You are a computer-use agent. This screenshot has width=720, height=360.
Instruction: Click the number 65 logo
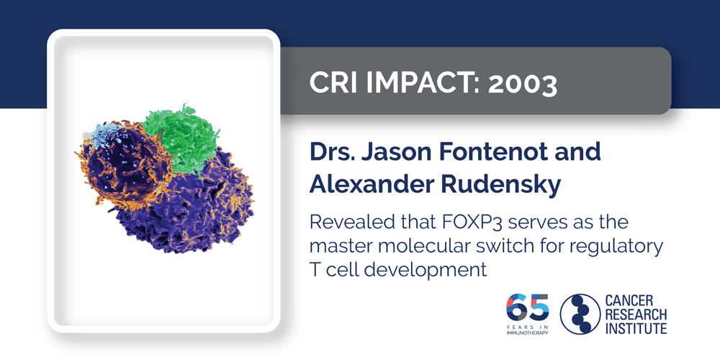click(x=528, y=308)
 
